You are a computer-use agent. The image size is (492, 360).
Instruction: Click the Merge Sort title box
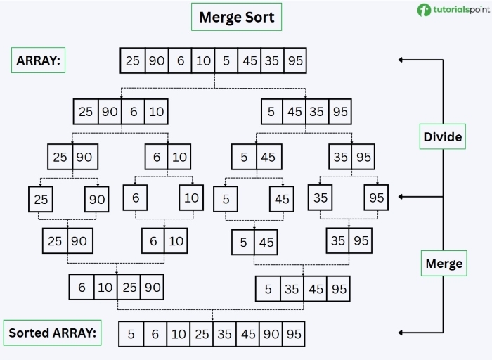237,18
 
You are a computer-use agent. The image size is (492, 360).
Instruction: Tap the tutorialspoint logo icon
424,10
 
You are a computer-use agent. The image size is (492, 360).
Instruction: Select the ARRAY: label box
38,60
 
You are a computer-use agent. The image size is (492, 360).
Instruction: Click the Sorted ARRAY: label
52,333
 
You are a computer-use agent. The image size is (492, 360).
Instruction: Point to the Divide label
443,136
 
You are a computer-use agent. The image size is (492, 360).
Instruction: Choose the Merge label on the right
444,264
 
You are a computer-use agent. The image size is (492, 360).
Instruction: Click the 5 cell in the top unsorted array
226,61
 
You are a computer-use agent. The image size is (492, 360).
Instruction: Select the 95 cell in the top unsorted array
295,61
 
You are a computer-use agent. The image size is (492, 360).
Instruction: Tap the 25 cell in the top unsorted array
133,61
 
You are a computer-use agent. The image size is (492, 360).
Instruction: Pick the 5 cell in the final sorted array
131,334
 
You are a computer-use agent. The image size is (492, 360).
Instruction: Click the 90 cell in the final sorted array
271,334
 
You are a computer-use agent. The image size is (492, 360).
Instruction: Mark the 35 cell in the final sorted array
225,334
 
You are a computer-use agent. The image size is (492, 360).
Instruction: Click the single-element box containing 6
136,198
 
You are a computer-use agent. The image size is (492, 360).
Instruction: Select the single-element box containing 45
282,199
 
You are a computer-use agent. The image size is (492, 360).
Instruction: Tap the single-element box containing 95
376,198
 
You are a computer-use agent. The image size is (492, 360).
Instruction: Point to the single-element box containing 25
41,199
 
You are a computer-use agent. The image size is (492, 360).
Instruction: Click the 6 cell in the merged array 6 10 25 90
82,287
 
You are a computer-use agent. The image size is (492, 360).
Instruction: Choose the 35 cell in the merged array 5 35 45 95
291,288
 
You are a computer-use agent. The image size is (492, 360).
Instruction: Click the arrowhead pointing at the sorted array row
401,333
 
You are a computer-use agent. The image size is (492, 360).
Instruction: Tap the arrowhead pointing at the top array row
401,60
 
